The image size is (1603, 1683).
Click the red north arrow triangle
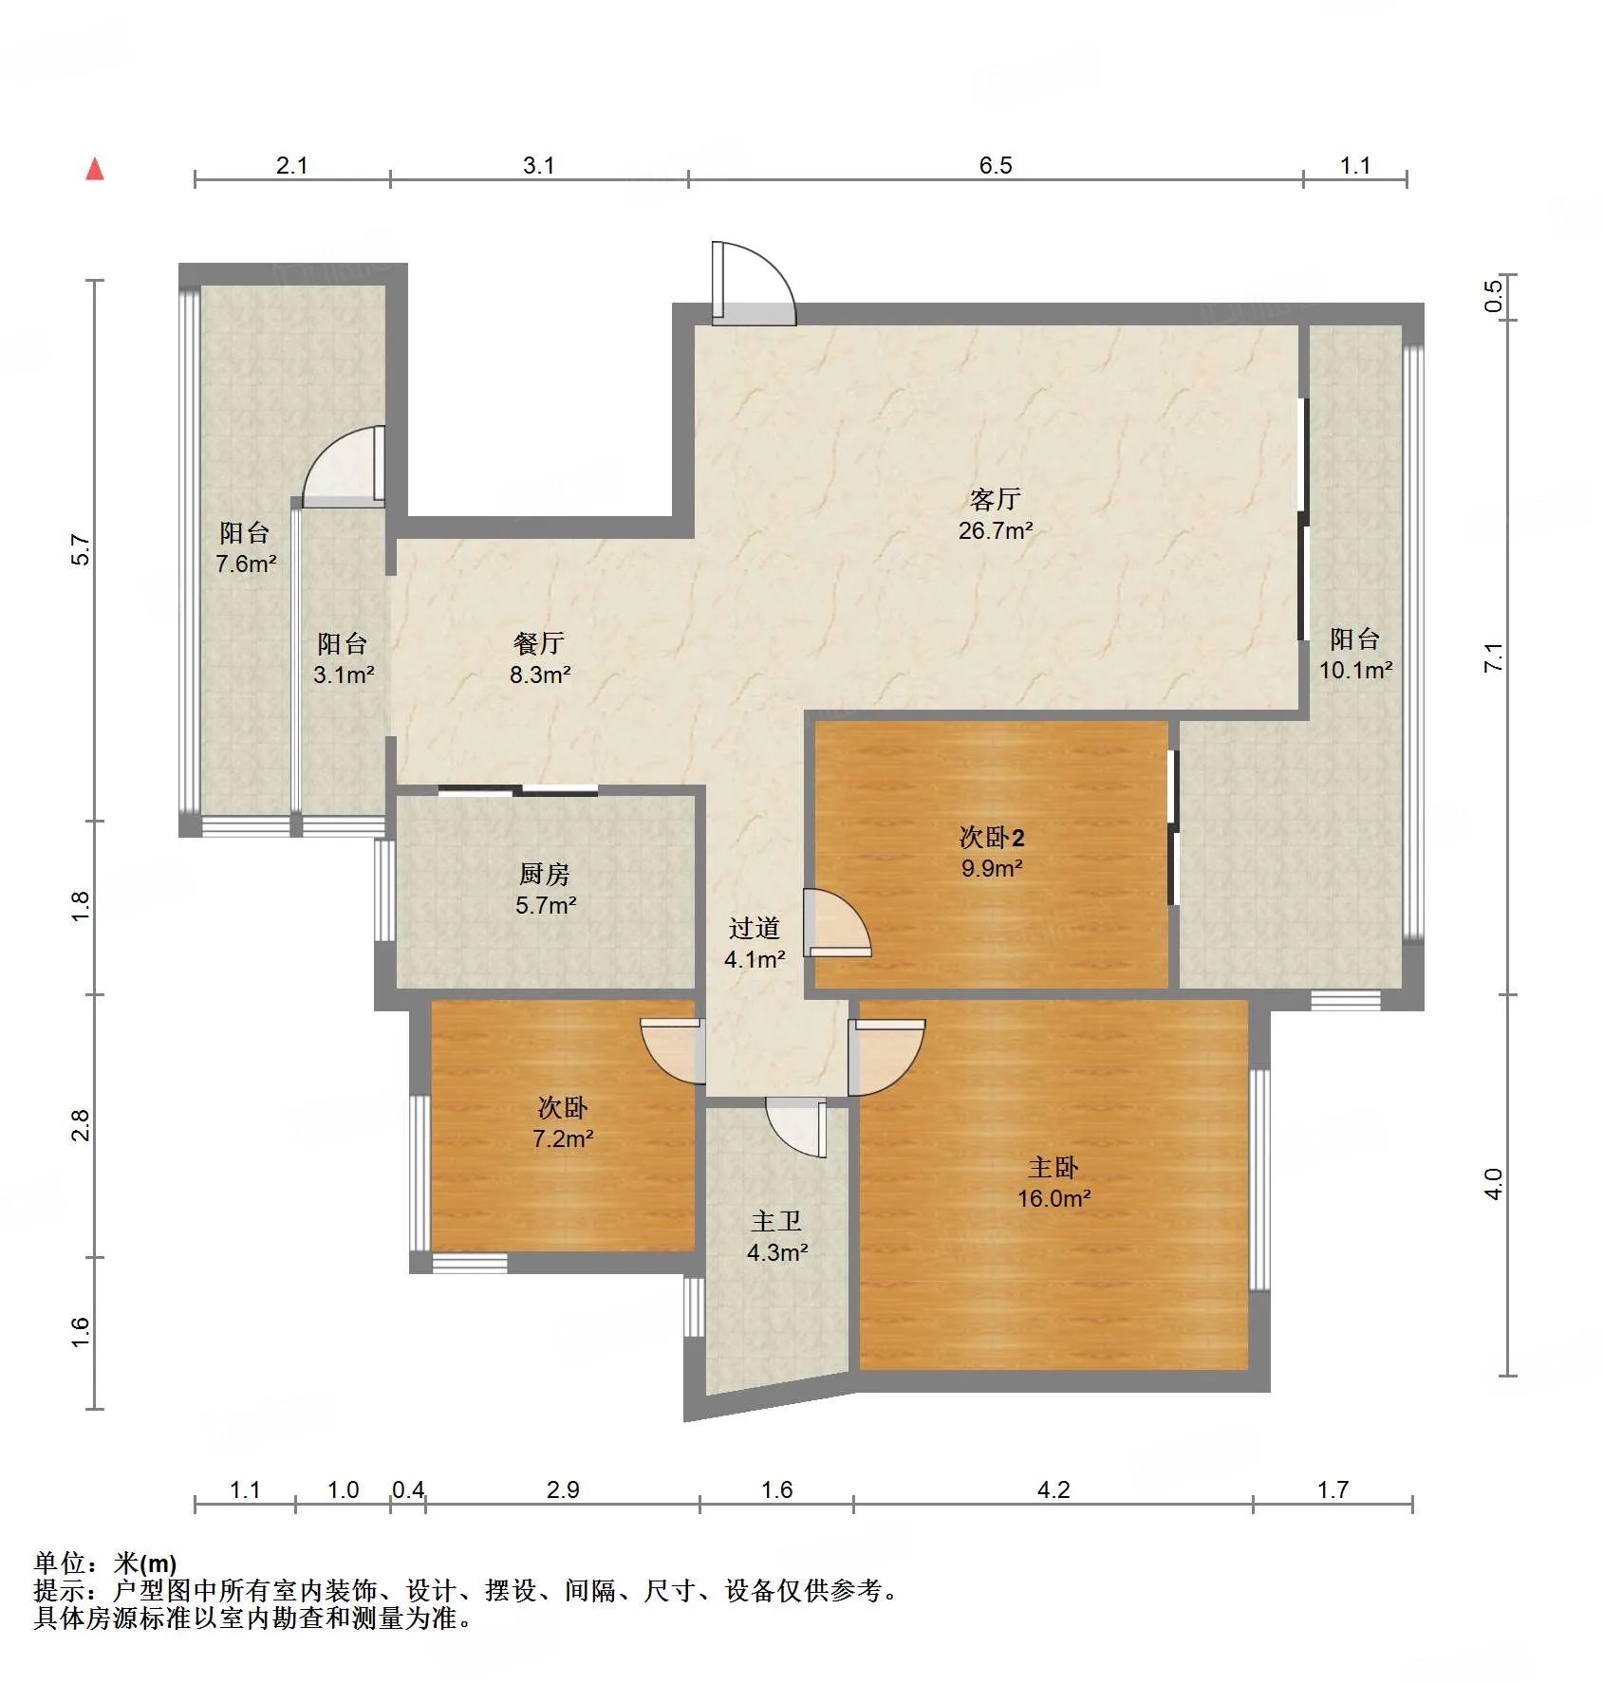click(x=95, y=170)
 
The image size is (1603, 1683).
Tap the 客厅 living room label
click(x=995, y=499)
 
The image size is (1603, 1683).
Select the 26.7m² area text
click(x=996, y=530)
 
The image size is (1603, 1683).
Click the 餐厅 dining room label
click(x=539, y=643)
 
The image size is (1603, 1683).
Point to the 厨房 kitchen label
click(x=545, y=874)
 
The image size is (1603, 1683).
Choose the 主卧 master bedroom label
click(x=1053, y=1167)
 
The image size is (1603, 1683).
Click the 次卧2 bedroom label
click(x=992, y=837)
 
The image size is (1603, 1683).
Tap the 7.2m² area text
click(x=564, y=1138)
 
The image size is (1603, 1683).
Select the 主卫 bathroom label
click(x=776, y=1221)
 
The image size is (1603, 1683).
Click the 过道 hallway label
click(x=755, y=928)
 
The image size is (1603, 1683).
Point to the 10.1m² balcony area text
click(x=1355, y=670)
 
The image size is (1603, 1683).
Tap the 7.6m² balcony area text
click(x=246, y=564)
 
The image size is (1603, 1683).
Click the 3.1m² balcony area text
click(x=344, y=675)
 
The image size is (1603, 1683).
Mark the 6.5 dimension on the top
click(x=996, y=166)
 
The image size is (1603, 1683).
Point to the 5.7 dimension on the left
click(x=82, y=551)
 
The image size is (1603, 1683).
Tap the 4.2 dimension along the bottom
click(x=1053, y=1490)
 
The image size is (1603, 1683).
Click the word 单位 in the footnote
click(x=60, y=1564)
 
